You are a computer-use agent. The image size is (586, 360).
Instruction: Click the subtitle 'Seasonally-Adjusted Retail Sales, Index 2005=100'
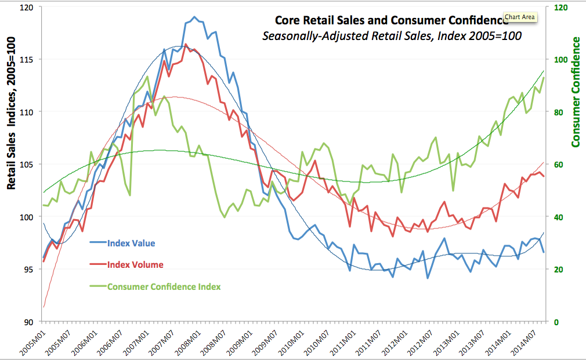pyautogui.click(x=392, y=36)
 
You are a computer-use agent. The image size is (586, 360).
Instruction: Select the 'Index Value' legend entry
pyautogui.click(x=131, y=243)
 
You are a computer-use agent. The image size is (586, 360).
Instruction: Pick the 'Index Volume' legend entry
pyautogui.click(x=135, y=264)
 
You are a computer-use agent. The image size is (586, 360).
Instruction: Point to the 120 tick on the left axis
pyautogui.click(x=28, y=7)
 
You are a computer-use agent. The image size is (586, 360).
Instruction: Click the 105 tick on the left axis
pyautogui.click(x=28, y=164)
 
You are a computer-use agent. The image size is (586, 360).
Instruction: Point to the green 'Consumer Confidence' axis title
pyautogui.click(x=576, y=92)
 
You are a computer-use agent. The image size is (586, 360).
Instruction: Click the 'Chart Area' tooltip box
pyautogui.click(x=520, y=17)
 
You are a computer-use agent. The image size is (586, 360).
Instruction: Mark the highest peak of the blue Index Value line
pyautogui.click(x=194, y=17)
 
